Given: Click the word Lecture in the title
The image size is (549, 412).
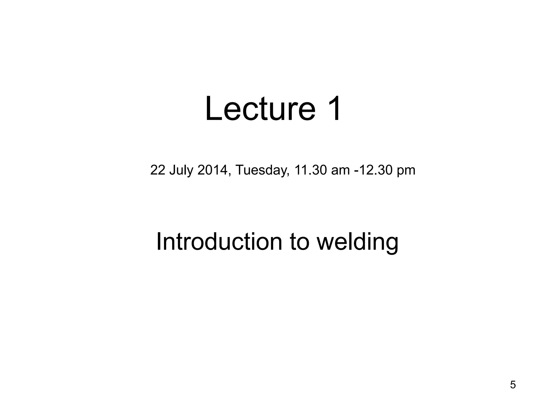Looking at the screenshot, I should point(260,109).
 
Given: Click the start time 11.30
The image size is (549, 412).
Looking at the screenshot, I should point(310,170).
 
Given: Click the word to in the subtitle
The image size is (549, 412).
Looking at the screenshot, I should point(299,241).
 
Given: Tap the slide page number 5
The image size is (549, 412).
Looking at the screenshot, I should point(513,385).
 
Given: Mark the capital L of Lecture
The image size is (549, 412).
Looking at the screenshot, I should point(213,109).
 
